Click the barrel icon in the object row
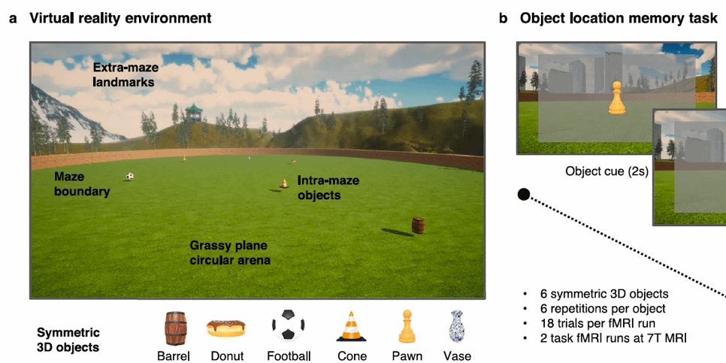[x=175, y=328]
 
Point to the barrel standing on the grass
[x=418, y=225]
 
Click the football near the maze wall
[x=130, y=177]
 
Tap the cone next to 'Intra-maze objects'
[x=284, y=183]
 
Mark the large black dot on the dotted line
[x=524, y=195]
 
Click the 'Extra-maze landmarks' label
[x=126, y=73]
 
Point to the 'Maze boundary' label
[x=82, y=185]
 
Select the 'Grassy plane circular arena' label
[x=229, y=253]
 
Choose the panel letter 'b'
[x=503, y=18]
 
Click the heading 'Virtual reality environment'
[x=120, y=17]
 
